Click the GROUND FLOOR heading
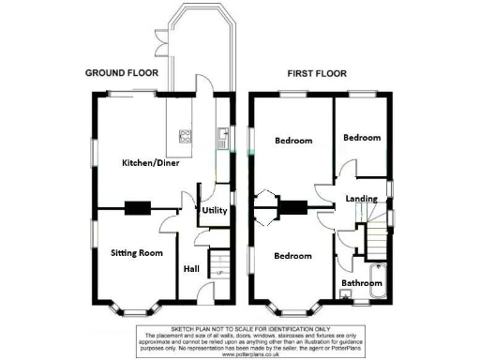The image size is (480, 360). click(x=122, y=72)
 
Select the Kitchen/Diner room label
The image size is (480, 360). click(x=150, y=163)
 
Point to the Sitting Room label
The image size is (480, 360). click(x=137, y=253)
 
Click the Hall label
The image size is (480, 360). click(x=191, y=269)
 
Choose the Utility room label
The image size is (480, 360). click(x=215, y=211)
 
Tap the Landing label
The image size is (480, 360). click(x=362, y=198)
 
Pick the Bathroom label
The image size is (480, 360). click(x=361, y=282)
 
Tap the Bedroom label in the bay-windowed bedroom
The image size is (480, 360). click(x=292, y=255)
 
